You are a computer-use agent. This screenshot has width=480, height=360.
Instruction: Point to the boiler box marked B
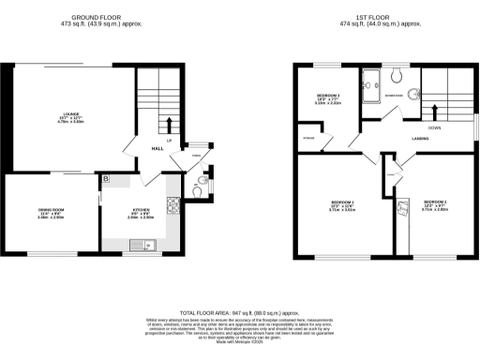[x=106, y=178]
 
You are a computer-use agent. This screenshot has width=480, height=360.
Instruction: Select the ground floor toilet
[x=203, y=182]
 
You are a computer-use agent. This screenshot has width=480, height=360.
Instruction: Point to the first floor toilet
[x=398, y=74]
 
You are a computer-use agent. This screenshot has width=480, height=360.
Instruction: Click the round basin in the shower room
[x=413, y=94]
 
